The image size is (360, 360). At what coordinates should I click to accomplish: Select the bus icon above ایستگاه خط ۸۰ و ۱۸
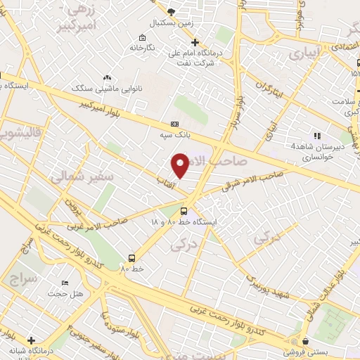pyautogui.click(x=184, y=210)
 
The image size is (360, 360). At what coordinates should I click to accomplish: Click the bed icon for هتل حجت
pyautogui.click(x=65, y=283)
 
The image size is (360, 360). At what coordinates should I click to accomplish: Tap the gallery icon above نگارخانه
pyautogui.click(x=143, y=37)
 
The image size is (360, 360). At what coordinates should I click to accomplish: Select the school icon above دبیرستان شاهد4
pyautogui.click(x=317, y=135)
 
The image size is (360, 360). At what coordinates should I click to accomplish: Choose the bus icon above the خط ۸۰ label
pyautogui.click(x=131, y=257)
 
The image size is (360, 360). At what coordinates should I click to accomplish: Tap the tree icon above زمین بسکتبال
pyautogui.click(x=172, y=12)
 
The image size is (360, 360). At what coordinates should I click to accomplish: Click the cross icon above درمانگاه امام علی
pyautogui.click(x=195, y=42)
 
